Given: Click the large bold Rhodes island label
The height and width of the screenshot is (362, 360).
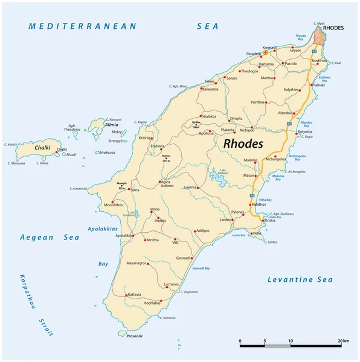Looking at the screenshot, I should click(x=243, y=144).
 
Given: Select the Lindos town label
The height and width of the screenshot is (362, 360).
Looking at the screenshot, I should click(x=269, y=221).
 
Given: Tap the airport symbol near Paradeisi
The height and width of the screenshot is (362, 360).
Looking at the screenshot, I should click(x=265, y=52).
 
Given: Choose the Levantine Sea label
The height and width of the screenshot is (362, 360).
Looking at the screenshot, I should click(x=300, y=279).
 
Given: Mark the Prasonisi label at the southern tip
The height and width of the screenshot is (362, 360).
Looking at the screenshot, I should click(x=130, y=335).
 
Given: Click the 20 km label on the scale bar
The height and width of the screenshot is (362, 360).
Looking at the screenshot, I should click(x=343, y=341).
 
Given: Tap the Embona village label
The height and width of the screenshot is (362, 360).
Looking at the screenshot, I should click(x=157, y=147).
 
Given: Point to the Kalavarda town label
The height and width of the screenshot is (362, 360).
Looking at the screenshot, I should click(x=210, y=89).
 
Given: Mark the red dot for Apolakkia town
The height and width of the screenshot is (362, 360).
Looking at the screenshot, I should click(x=133, y=235).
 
